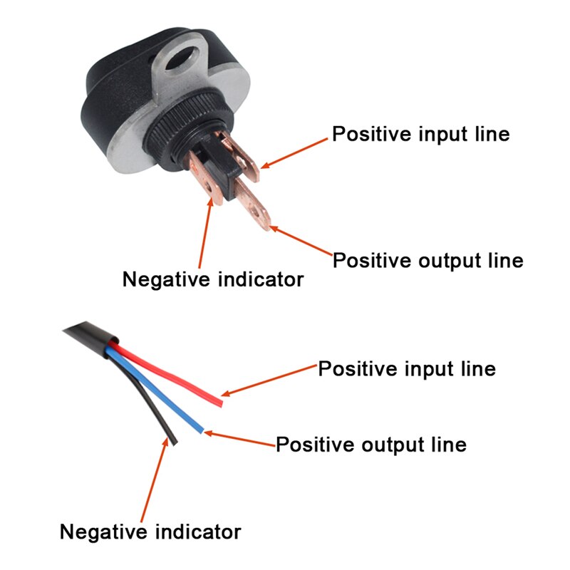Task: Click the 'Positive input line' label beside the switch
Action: coord(421,134)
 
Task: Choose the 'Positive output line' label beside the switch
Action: coord(427,260)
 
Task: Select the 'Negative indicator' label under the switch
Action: coord(213,279)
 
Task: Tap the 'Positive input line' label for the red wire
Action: coord(406,369)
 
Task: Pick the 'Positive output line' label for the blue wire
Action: coord(370,445)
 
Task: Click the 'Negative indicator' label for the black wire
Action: coord(150,532)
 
